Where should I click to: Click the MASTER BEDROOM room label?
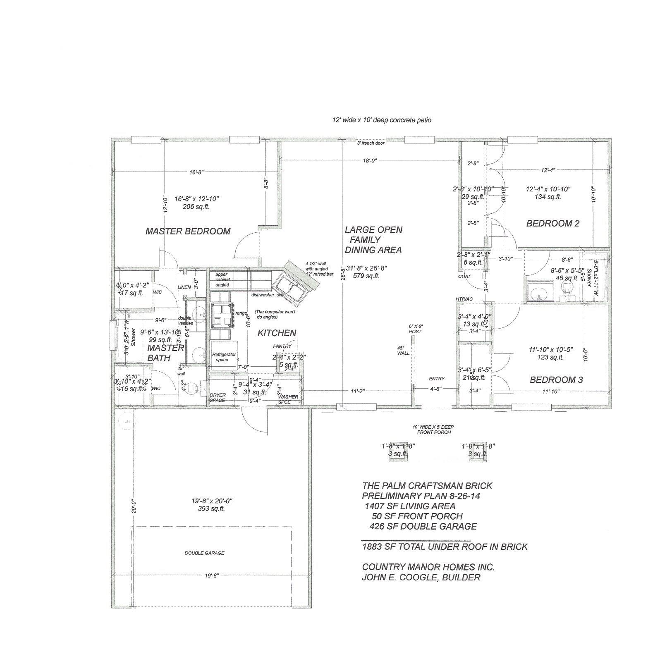[188, 231]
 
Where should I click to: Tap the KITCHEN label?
[277, 333]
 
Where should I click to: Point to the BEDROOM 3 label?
[556, 380]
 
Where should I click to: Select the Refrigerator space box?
[224, 354]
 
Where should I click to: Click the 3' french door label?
[371, 143]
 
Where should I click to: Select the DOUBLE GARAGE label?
[204, 553]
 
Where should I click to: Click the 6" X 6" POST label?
[415, 329]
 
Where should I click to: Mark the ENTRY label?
[437, 379]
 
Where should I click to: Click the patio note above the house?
[382, 120]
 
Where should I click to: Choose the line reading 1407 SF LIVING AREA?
[409, 506]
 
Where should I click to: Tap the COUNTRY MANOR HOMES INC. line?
[428, 567]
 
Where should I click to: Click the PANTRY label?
[282, 346]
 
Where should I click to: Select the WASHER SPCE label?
[288, 399]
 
